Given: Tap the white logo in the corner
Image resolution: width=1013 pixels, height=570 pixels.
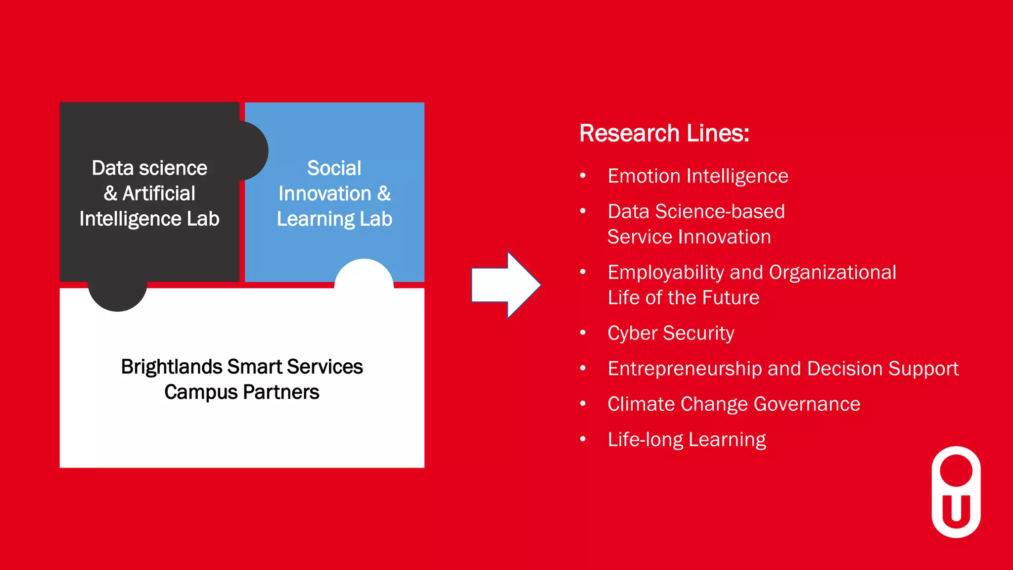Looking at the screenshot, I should [x=956, y=492].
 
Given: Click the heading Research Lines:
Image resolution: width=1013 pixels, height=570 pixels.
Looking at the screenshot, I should [x=664, y=134].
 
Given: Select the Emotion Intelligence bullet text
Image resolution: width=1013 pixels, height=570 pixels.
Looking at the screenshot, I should [x=697, y=176].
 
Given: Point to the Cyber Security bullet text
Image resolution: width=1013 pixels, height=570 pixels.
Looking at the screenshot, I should [x=671, y=333].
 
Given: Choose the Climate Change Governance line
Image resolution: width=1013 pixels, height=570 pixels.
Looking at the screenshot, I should [x=734, y=404].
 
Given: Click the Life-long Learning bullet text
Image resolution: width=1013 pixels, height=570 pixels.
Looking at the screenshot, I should [x=687, y=439].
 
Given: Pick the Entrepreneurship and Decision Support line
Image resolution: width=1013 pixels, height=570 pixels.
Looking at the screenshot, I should [x=783, y=369].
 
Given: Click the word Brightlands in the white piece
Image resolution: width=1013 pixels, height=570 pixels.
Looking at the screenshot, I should [x=172, y=367].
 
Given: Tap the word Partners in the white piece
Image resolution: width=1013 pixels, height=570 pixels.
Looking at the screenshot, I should [x=281, y=392].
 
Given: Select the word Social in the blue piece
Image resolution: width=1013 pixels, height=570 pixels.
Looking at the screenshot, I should [x=334, y=168].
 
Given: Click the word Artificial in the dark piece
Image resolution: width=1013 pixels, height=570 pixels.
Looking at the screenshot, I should [x=159, y=193].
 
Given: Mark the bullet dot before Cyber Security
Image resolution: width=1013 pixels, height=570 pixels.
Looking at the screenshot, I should [x=583, y=333].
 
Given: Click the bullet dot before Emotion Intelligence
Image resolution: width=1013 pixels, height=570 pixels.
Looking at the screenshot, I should [x=583, y=176].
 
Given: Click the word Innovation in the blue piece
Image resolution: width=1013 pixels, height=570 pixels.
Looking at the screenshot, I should [x=324, y=193].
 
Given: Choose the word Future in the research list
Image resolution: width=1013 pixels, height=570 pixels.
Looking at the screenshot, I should [x=731, y=298].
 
